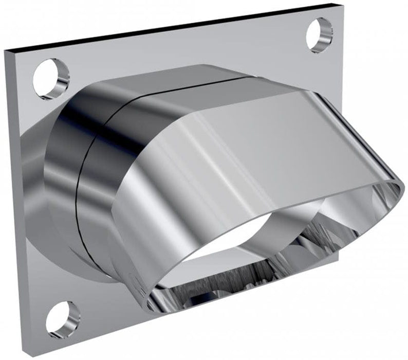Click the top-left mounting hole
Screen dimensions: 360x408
[51, 79]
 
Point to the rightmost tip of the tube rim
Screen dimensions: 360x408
[404, 183]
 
